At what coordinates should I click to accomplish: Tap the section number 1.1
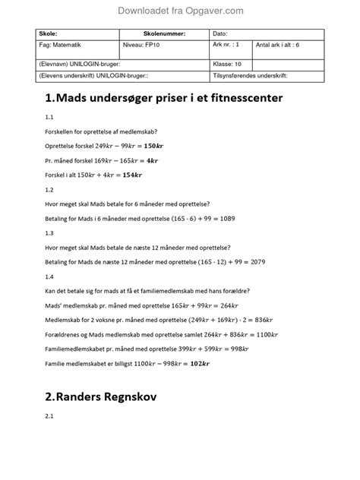pyautogui.click(x=49, y=118)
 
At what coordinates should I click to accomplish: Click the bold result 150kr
pyautogui.click(x=154, y=146)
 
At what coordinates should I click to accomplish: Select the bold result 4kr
pyautogui.click(x=152, y=160)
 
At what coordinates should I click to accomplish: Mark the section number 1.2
pyautogui.click(x=49, y=189)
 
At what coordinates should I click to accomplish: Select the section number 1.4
pyautogui.click(x=49, y=276)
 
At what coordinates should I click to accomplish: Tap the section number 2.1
pyautogui.click(x=49, y=417)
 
